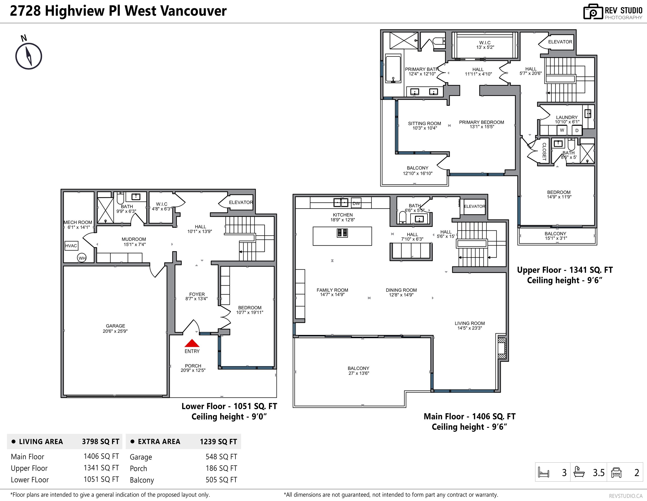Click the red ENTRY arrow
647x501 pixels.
point(192,343)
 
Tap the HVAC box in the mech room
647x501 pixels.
point(71,246)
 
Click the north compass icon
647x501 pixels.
point(28,56)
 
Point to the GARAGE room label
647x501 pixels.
point(115,326)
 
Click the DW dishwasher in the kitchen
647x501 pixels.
point(356,203)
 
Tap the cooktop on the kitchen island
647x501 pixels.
point(342,233)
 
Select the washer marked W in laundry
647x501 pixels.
point(562,130)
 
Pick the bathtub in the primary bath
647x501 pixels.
point(393,68)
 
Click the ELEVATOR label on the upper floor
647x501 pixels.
point(560,42)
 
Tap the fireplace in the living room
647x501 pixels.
point(502,348)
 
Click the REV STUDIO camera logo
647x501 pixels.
point(593,12)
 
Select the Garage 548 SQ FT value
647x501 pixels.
point(221,457)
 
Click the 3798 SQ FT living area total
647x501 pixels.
point(100,441)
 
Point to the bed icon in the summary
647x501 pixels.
point(544,472)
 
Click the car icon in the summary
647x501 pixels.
point(616,472)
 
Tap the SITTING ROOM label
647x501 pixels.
point(424,124)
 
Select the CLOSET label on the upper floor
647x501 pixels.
point(544,151)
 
